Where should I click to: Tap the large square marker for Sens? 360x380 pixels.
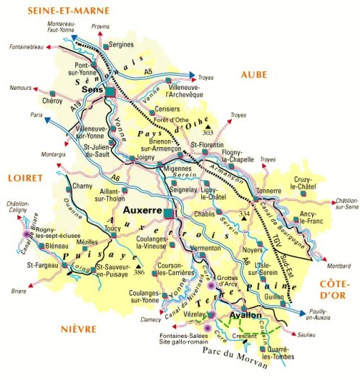110,94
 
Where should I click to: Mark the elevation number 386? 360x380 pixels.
140,273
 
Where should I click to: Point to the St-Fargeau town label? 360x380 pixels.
41,266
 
